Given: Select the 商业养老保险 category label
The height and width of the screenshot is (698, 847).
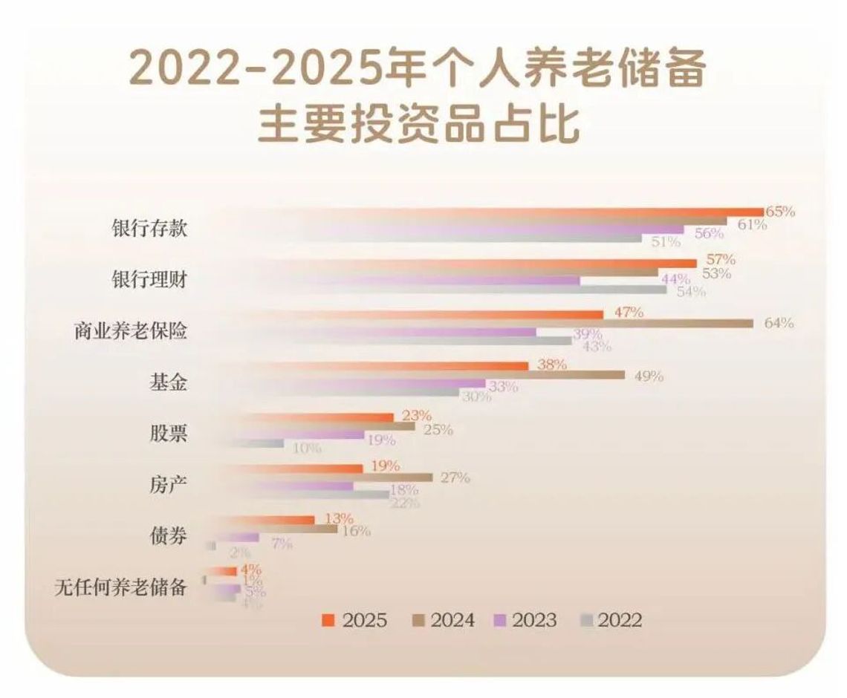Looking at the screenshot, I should coord(130,330).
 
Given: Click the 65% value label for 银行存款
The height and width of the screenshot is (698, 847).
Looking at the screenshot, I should coord(779,212).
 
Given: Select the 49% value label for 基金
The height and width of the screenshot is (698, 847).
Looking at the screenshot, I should coord(648,376).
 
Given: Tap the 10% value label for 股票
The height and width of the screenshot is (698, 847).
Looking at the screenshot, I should coord(306,448).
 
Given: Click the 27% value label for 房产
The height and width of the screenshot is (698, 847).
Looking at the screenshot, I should coord(455,477).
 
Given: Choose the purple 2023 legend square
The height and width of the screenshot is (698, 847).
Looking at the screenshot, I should coord(499,620).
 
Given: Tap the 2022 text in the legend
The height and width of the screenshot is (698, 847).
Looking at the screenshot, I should coord(619,620).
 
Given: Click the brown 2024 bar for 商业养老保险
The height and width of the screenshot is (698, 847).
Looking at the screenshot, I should coord(520,323).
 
